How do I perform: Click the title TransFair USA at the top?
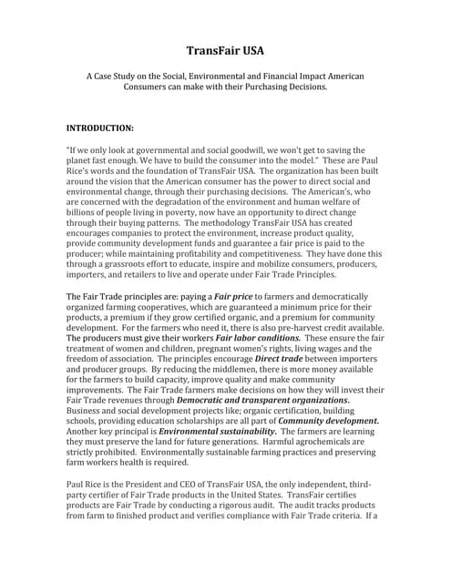pos(225,51)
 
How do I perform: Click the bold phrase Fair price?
pos(233,297)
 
